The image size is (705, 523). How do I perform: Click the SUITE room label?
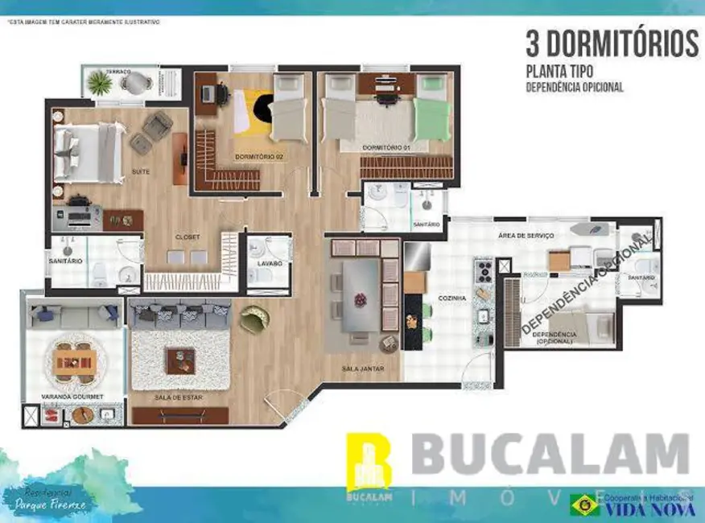[x=141, y=171]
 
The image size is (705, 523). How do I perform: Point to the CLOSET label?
[x=187, y=237]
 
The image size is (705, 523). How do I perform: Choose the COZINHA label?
[x=452, y=298]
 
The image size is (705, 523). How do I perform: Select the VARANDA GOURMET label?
[x=72, y=397]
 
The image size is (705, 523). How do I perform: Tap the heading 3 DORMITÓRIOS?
[x=612, y=42]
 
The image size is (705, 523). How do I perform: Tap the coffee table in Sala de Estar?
[x=180, y=360]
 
